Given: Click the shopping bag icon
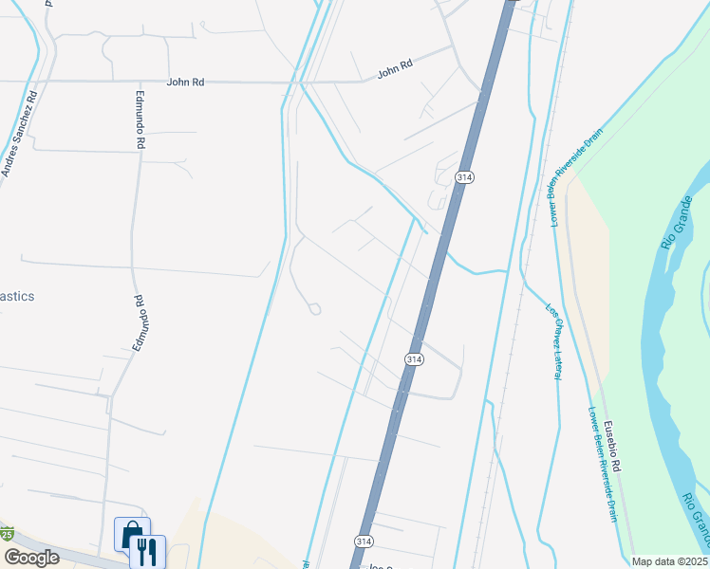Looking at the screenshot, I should pyautogui.click(x=130, y=533).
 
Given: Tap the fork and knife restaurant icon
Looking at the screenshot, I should pyautogui.click(x=147, y=551).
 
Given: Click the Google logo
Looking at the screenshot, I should pyautogui.click(x=31, y=558).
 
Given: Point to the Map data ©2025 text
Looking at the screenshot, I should pyautogui.click(x=670, y=561).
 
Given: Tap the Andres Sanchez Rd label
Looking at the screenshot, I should pyautogui.click(x=18, y=134).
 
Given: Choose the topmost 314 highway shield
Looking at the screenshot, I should pyautogui.click(x=463, y=177).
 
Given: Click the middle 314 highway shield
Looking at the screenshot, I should pyautogui.click(x=413, y=359).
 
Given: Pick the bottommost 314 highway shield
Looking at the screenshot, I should pyautogui.click(x=364, y=541).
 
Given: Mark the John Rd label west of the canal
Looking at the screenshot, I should pyautogui.click(x=185, y=83).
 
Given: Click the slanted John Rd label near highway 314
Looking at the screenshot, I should pyautogui.click(x=395, y=68).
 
